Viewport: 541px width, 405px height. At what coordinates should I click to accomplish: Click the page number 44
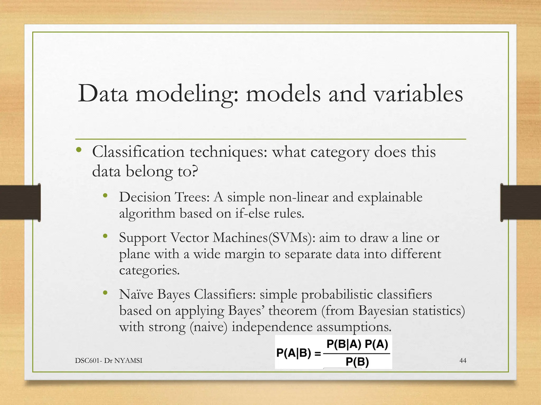pyautogui.click(x=463, y=360)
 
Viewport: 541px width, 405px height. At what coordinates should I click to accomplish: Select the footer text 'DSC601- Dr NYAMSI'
pyautogui.click(x=109, y=360)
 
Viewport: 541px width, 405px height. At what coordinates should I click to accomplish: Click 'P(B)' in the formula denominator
pyautogui.click(x=357, y=362)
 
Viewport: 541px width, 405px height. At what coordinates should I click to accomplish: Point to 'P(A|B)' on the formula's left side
pyautogui.click(x=293, y=353)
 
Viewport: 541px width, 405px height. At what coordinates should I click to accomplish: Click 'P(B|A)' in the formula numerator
pyautogui.click(x=344, y=344)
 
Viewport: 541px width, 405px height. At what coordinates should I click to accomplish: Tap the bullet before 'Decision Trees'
pyautogui.click(x=105, y=196)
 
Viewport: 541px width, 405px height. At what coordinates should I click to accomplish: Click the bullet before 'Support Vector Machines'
pyautogui.click(x=105, y=236)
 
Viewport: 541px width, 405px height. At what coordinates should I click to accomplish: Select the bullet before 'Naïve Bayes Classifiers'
pyautogui.click(x=105, y=293)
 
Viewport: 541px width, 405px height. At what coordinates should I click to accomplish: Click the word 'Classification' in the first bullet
pyautogui.click(x=138, y=152)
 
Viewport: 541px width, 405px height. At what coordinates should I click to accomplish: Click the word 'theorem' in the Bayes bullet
pyautogui.click(x=292, y=311)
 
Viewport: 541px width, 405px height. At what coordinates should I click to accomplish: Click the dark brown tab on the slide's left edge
pyautogui.click(x=20, y=202)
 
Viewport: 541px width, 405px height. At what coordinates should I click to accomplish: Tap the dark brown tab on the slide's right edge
pyautogui.click(x=520, y=202)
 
